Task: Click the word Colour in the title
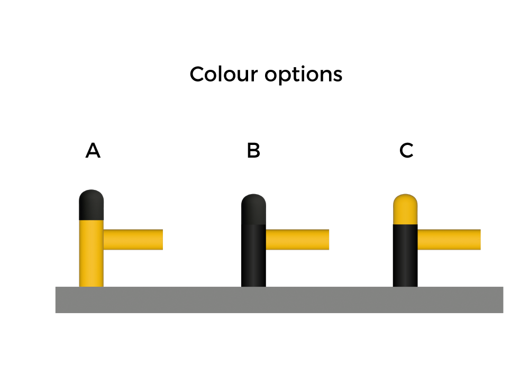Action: (x=224, y=74)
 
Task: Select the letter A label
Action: (x=93, y=150)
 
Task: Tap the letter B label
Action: (x=253, y=150)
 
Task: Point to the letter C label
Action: (x=406, y=150)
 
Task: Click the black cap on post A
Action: (x=91, y=205)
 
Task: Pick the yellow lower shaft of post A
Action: (x=91, y=253)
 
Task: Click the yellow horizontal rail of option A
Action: (x=133, y=240)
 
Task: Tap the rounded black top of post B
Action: (x=254, y=209)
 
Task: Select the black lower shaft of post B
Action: (x=254, y=255)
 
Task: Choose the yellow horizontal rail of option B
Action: (x=297, y=240)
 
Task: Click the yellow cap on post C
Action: (x=405, y=209)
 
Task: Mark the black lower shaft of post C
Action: (x=405, y=255)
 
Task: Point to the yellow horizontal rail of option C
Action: (x=449, y=240)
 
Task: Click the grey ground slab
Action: (x=279, y=300)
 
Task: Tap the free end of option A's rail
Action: (x=162, y=240)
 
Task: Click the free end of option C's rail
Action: (x=480, y=240)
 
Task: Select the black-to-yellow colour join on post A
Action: (x=91, y=220)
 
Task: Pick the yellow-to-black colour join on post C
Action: (x=405, y=224)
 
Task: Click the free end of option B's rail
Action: (x=329, y=240)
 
